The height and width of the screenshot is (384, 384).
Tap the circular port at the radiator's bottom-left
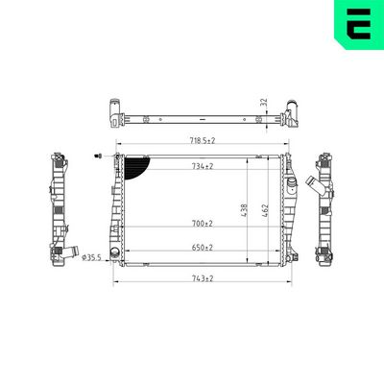point(116,254)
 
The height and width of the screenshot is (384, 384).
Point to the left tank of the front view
point(118,206)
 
